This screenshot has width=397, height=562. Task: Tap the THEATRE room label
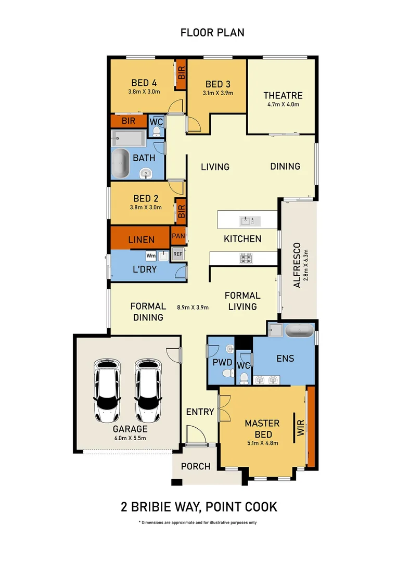(x=283, y=95)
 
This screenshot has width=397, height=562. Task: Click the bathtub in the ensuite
(x=299, y=331)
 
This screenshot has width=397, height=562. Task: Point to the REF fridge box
(x=178, y=254)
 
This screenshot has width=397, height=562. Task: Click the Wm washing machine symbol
(x=150, y=256)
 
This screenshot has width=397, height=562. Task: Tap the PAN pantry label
(x=178, y=236)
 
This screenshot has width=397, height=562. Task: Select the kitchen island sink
(x=248, y=221)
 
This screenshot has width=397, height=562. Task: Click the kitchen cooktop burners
(x=246, y=258)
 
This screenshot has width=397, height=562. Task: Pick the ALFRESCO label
(x=297, y=265)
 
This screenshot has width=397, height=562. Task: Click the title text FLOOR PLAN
(x=212, y=33)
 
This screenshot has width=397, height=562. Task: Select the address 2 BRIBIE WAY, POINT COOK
(x=198, y=506)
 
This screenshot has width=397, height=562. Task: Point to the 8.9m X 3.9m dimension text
(x=193, y=307)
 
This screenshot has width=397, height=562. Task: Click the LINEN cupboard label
(x=141, y=239)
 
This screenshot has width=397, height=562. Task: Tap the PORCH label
(x=196, y=466)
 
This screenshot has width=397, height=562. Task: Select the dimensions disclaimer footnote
(x=198, y=522)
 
